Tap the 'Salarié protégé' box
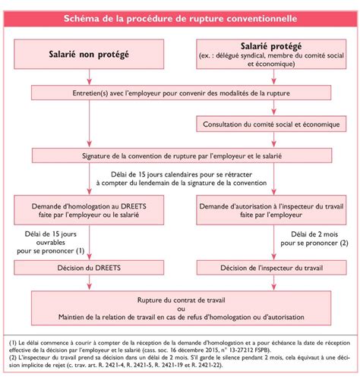tap(270, 55)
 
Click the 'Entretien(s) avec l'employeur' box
tap(180, 92)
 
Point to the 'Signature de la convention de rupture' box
tap(180, 155)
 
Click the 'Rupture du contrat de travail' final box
tap(180, 299)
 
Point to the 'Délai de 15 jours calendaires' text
tap(180, 177)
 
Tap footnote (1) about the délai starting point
tap(179, 341)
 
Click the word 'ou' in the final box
tap(180, 308)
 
